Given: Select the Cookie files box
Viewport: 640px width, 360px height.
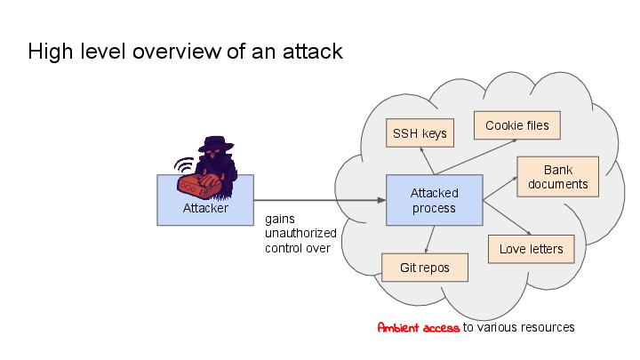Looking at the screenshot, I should coord(516,125).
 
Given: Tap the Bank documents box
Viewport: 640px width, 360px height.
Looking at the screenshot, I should coord(557,177).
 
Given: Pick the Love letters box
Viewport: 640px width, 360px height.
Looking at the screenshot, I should coord(531,249).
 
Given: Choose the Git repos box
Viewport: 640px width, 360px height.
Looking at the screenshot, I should coord(424,268).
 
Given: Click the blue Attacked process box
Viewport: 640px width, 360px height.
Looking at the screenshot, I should coord(434,200).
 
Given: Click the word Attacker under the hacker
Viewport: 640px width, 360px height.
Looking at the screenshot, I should coord(205,209).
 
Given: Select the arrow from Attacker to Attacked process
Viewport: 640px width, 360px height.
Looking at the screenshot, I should coord(320,200).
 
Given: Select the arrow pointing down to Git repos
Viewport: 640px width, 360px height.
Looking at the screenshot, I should coord(429,239).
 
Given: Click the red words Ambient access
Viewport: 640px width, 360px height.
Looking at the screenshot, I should coord(418,327).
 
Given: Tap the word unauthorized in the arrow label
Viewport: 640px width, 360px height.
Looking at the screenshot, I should coord(300,233).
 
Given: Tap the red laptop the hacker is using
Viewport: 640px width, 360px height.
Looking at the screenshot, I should coord(197,185).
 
